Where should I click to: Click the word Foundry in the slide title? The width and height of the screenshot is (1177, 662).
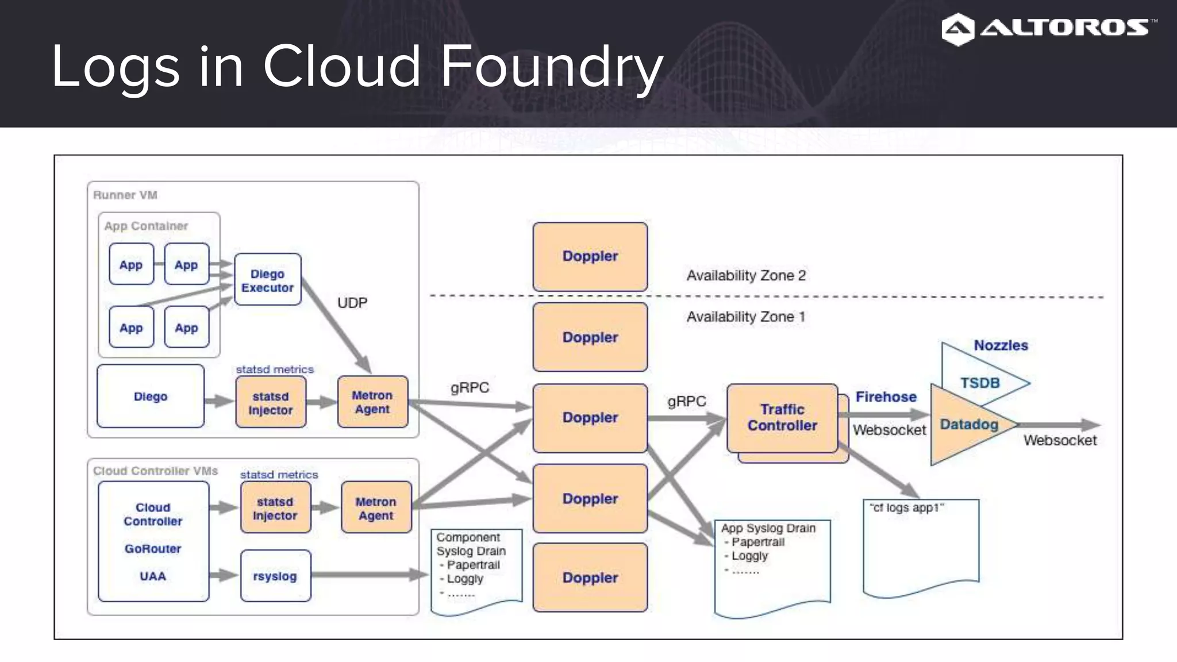pyautogui.click(x=552, y=67)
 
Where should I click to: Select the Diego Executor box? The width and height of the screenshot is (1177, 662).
pyautogui.click(x=267, y=280)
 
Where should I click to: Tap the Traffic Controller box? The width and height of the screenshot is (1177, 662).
pyautogui.click(x=782, y=418)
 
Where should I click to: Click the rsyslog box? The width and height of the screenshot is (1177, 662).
pyautogui.click(x=275, y=576)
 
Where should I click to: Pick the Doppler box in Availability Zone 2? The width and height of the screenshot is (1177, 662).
pyautogui.click(x=590, y=256)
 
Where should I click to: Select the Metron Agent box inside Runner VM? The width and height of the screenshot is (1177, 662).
pyautogui.click(x=372, y=402)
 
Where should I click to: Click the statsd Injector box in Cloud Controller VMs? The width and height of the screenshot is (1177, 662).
pyautogui.click(x=275, y=508)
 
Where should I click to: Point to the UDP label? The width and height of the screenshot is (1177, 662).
pyautogui.click(x=352, y=303)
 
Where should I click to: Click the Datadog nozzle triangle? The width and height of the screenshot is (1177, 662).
pyautogui.click(x=966, y=425)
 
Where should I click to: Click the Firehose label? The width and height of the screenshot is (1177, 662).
pyautogui.click(x=886, y=397)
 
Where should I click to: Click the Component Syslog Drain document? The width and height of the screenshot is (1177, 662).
pyautogui.click(x=476, y=569)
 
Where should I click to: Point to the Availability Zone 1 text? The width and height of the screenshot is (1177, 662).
pyautogui.click(x=745, y=317)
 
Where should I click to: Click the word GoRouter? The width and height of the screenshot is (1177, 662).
pyautogui.click(x=153, y=549)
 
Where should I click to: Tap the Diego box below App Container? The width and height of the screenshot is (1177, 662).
pyautogui.click(x=151, y=397)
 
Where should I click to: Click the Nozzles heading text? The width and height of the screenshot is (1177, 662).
pyautogui.click(x=1001, y=345)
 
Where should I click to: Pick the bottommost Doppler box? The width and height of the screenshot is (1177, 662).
pyautogui.click(x=590, y=578)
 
